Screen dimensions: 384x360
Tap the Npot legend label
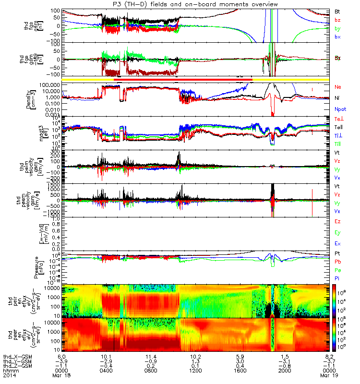click(x=340, y=109)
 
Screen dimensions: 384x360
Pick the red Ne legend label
click(x=338, y=87)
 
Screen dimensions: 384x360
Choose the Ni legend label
click(x=337, y=98)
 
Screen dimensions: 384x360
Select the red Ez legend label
click(x=337, y=221)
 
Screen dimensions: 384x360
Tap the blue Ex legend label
click(x=337, y=243)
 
